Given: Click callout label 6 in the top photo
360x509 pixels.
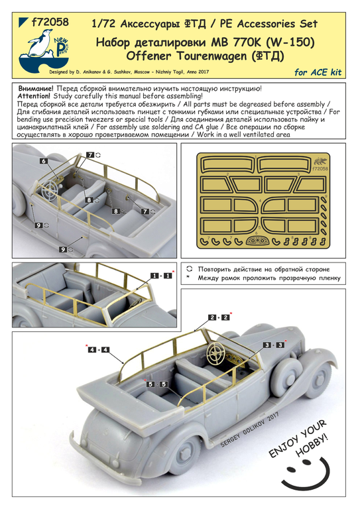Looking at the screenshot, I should click(x=43, y=161).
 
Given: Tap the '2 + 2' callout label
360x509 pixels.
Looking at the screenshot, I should click(x=219, y=317).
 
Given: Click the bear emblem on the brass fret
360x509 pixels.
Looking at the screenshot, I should click(x=322, y=161).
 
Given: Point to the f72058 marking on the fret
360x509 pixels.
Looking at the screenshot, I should click(x=321, y=169).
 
